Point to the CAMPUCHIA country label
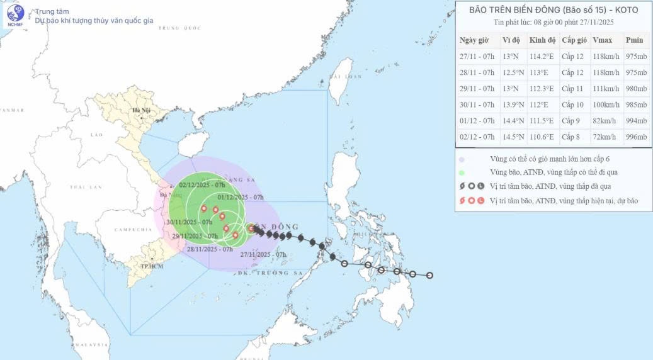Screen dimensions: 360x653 (129, 230)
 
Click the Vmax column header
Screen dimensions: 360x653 (603, 40)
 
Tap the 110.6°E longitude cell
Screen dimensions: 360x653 (542, 137)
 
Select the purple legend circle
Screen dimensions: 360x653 (462, 159)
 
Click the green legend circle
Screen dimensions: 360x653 (462, 172)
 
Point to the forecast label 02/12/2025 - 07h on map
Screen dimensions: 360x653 (202, 185)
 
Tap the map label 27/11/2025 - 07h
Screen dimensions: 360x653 (263, 254)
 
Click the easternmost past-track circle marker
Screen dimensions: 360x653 (430, 275)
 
